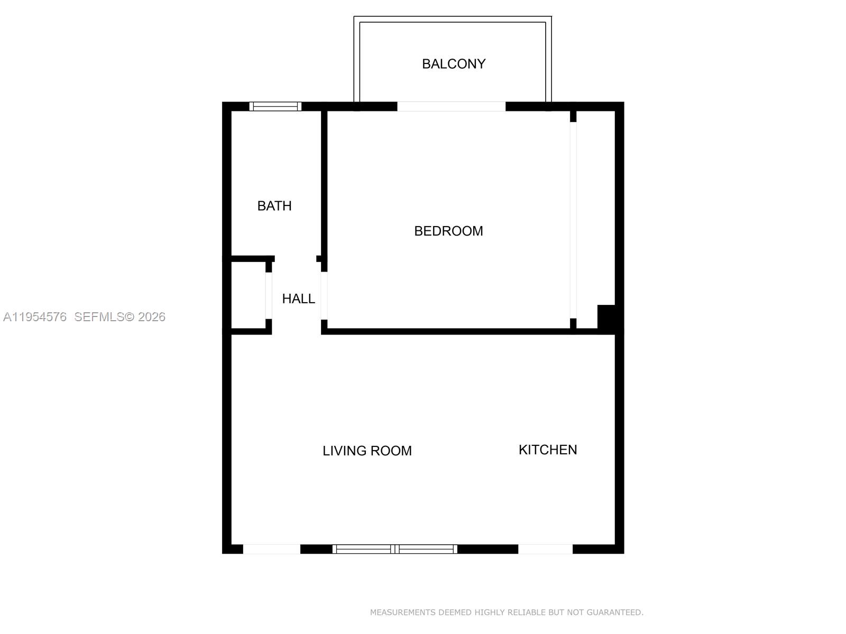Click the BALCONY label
coord(454,64)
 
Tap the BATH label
coord(274,206)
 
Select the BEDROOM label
coord(448,231)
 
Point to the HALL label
coord(299,299)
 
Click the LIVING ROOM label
coord(367,451)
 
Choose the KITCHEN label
coord(548,450)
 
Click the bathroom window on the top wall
coord(275,106)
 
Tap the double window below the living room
coord(394,549)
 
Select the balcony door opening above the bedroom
coord(452,106)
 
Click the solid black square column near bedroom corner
coord(606,317)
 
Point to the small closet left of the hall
coord(248,295)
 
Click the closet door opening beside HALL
coord(269,296)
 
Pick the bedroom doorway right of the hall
coord(324,296)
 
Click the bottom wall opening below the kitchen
coord(545,549)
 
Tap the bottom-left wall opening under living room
coord(272,549)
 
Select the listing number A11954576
coord(35,317)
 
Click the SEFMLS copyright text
coord(120,317)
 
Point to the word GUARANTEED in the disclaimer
coord(615,612)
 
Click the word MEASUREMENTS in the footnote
coord(403,612)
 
